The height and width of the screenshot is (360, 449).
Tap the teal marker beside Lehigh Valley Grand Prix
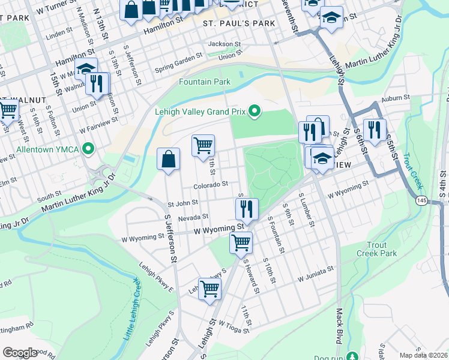click(255, 110)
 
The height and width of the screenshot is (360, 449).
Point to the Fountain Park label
click(205, 82)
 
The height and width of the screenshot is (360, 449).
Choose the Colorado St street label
click(211, 184)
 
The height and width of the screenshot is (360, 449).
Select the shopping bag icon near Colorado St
click(169, 160)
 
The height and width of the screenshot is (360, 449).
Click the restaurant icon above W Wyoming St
click(246, 209)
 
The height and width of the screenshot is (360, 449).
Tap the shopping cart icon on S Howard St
click(241, 243)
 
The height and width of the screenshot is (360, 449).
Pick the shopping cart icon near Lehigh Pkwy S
click(209, 289)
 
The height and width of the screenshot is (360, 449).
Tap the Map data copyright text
click(423, 355)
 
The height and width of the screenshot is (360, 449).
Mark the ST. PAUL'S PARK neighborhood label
click(239, 23)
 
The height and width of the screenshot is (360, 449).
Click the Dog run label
click(330, 356)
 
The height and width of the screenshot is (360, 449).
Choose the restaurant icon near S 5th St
click(375, 130)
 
